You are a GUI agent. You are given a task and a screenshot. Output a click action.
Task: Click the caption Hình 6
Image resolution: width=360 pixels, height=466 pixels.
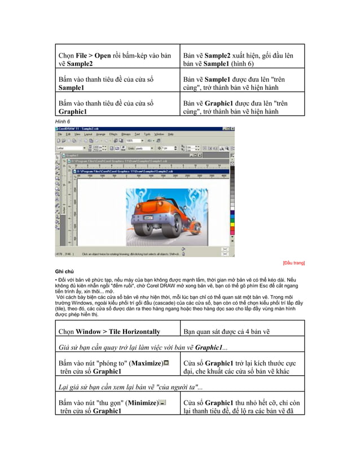62,121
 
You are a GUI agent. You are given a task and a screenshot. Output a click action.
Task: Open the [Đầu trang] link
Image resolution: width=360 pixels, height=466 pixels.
293,263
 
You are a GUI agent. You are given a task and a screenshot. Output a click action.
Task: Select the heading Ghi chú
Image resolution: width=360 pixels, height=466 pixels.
64,271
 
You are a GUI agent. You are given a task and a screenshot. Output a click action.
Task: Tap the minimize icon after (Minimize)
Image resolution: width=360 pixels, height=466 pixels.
163,402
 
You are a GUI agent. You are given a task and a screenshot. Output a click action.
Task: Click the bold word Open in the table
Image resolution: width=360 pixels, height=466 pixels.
103,56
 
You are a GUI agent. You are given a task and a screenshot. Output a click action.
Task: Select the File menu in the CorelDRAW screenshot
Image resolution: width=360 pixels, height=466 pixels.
61,134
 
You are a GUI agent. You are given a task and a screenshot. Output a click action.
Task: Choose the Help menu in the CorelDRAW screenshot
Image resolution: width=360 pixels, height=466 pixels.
170,134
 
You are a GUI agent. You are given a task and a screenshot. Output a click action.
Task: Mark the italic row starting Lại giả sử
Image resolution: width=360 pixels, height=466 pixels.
130,386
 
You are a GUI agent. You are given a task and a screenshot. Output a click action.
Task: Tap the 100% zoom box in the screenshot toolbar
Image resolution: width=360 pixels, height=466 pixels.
133,140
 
